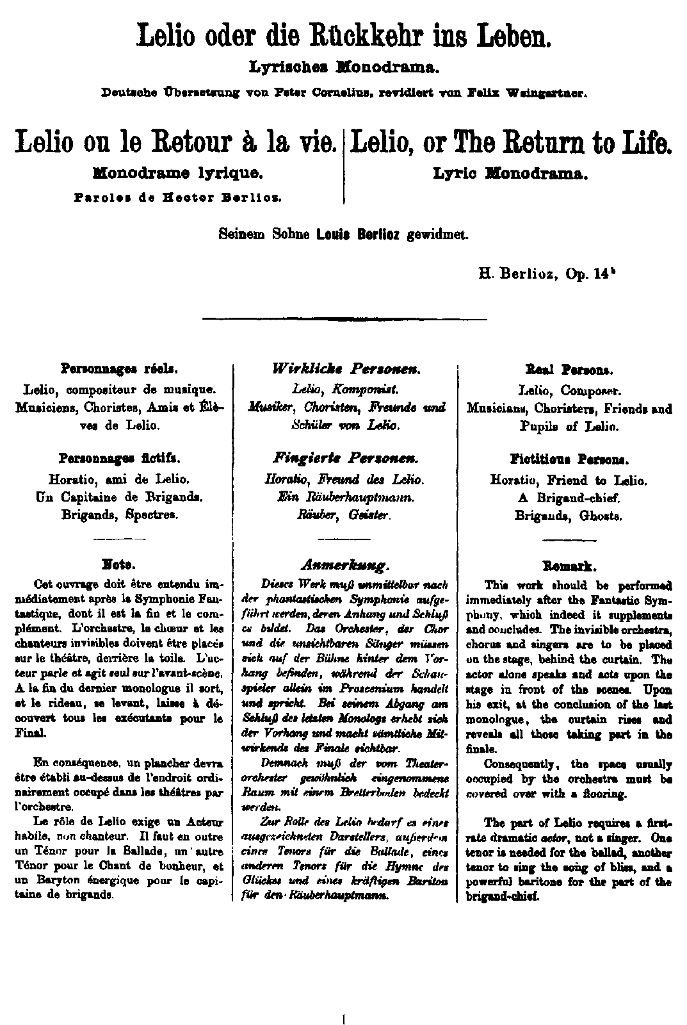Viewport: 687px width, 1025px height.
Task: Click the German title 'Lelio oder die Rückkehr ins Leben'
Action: [344, 37]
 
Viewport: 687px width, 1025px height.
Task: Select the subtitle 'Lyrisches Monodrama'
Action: [344, 67]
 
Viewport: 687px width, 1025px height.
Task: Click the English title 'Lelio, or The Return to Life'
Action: [511, 142]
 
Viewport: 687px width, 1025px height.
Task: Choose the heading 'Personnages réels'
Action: [119, 369]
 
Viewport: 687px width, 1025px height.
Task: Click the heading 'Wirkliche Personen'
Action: [346, 369]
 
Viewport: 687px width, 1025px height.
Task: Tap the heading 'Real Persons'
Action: [569, 370]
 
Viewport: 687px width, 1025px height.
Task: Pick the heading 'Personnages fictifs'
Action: [119, 459]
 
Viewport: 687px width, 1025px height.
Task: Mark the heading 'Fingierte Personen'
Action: [346, 459]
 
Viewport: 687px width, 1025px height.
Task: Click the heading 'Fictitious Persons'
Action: [569, 459]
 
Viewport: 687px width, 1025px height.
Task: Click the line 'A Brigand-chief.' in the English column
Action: [569, 497]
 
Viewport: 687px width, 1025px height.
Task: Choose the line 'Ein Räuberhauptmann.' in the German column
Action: [345, 496]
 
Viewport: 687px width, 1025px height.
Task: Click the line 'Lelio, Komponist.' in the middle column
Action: [345, 388]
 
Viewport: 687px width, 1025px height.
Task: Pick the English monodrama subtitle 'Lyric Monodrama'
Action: [511, 173]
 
